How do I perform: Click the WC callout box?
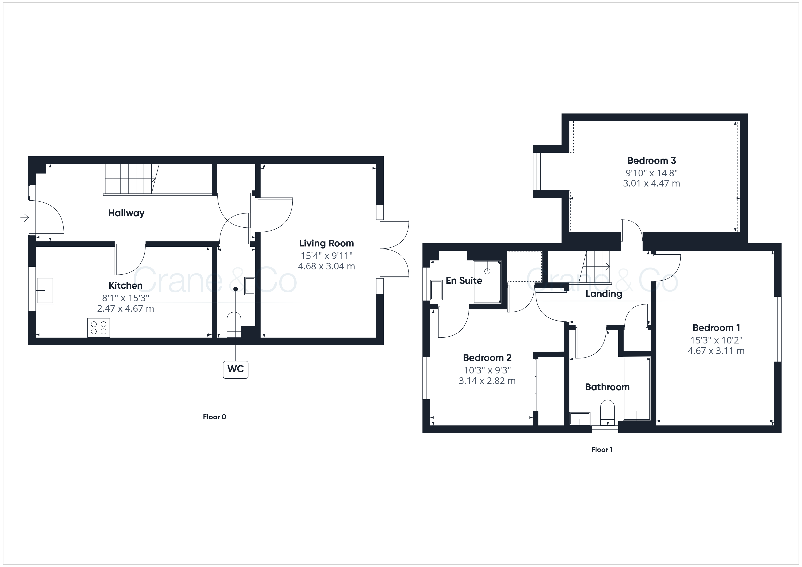click(236, 369)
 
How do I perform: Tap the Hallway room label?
click(126, 213)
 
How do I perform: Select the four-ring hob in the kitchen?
click(98, 328)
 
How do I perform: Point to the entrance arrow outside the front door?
click(25, 218)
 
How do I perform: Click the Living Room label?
click(326, 243)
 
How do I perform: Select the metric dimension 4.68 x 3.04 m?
click(326, 266)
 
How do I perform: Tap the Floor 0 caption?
click(214, 417)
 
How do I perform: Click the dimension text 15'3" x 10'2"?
click(716, 340)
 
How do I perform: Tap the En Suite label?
click(464, 280)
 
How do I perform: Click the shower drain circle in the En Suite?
click(487, 271)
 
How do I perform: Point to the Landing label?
click(604, 294)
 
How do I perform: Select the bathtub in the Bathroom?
click(637, 388)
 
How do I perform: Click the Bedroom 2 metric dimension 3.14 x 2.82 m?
click(487, 381)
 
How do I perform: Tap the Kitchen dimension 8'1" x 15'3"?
click(125, 298)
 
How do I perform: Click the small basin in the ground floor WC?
click(250, 286)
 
